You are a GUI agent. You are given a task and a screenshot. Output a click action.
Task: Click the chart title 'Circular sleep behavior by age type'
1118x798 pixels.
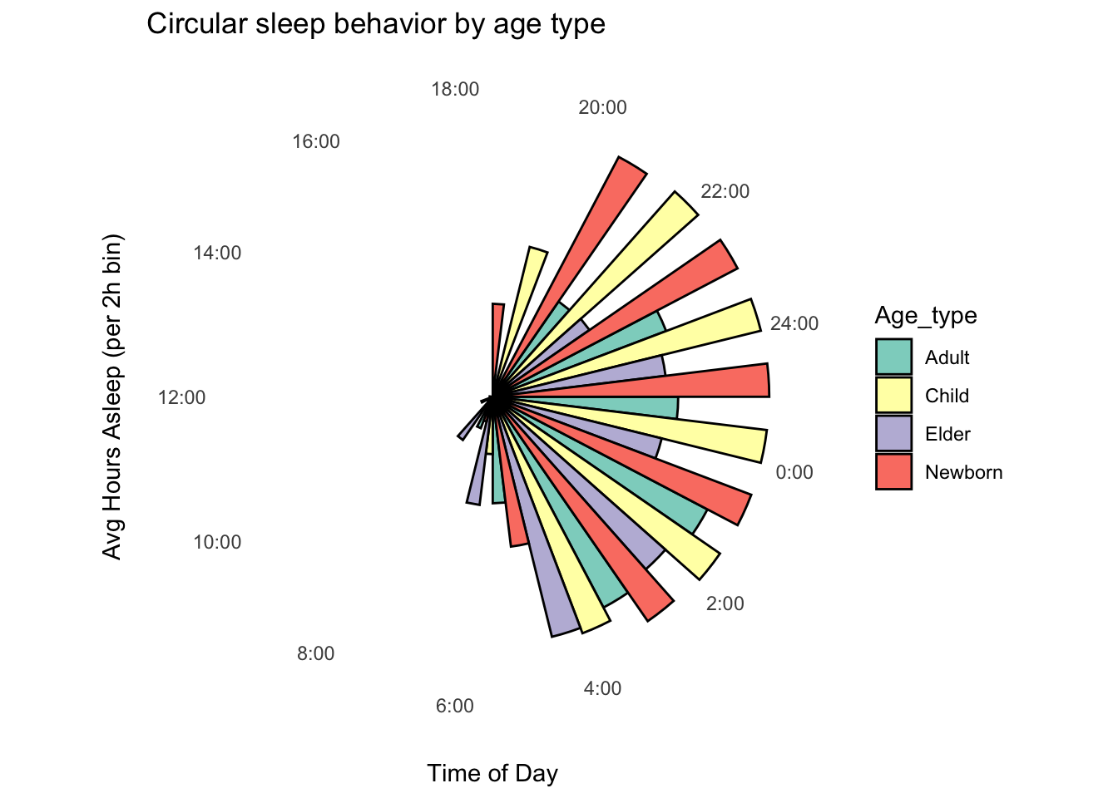point(375,24)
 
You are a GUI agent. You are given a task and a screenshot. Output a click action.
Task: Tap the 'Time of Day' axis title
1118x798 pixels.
point(492,774)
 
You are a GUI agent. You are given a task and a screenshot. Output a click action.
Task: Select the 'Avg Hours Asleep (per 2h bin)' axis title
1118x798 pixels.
point(112,397)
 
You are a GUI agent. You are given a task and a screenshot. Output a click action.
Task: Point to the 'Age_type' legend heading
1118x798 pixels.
point(926,316)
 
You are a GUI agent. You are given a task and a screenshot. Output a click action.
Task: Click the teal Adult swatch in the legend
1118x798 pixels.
point(893,357)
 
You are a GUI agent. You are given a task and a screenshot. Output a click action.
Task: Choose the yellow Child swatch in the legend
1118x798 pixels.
point(893,396)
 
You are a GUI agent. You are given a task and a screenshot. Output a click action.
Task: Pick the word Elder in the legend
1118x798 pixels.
point(947,434)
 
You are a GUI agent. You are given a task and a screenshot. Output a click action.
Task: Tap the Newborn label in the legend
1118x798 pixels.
point(963,472)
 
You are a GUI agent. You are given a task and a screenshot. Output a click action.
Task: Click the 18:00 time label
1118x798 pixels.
point(455,89)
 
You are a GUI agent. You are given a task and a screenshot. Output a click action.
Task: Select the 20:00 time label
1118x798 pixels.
point(602,107)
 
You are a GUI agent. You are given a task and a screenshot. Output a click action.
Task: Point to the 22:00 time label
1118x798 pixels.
point(725,191)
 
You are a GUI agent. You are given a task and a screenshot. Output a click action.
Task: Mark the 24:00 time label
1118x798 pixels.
point(794,323)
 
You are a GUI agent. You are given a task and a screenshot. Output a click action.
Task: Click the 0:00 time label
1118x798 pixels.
point(794,472)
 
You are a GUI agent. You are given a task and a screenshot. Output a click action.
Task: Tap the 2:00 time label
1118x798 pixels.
point(725,603)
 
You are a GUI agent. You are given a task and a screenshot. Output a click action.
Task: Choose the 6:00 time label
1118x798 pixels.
point(454,706)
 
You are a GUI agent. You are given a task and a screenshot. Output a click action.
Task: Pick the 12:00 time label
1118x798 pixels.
point(181,397)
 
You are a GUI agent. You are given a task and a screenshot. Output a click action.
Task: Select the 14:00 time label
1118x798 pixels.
point(217,253)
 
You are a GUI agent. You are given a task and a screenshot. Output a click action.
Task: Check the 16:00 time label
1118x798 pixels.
point(316,141)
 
